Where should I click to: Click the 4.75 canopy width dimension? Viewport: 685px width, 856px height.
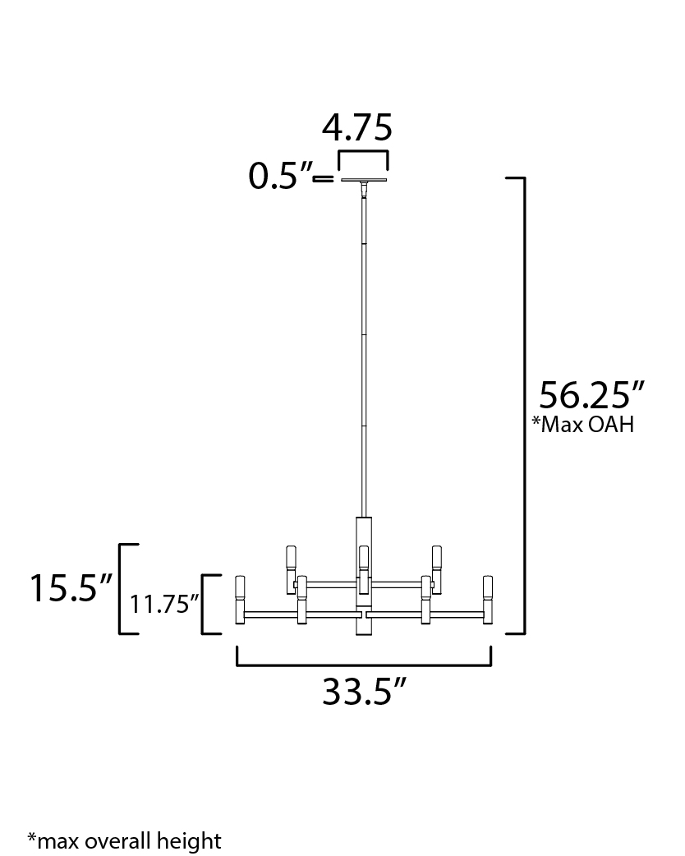pyautogui.click(x=357, y=128)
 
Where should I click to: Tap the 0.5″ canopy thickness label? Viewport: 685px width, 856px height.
pyautogui.click(x=279, y=176)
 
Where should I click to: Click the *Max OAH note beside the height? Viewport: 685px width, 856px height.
pyautogui.click(x=583, y=424)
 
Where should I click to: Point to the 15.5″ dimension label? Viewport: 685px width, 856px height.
pyautogui.click(x=71, y=588)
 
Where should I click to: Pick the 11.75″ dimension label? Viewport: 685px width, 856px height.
pyautogui.click(x=163, y=605)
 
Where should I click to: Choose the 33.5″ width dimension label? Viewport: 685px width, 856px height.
pyautogui.click(x=365, y=691)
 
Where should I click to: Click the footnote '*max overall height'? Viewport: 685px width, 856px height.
pyautogui.click(x=125, y=840)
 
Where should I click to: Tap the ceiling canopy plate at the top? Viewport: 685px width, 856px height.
pyautogui.click(x=364, y=180)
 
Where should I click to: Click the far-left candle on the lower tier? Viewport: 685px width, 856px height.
pyautogui.click(x=240, y=600)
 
